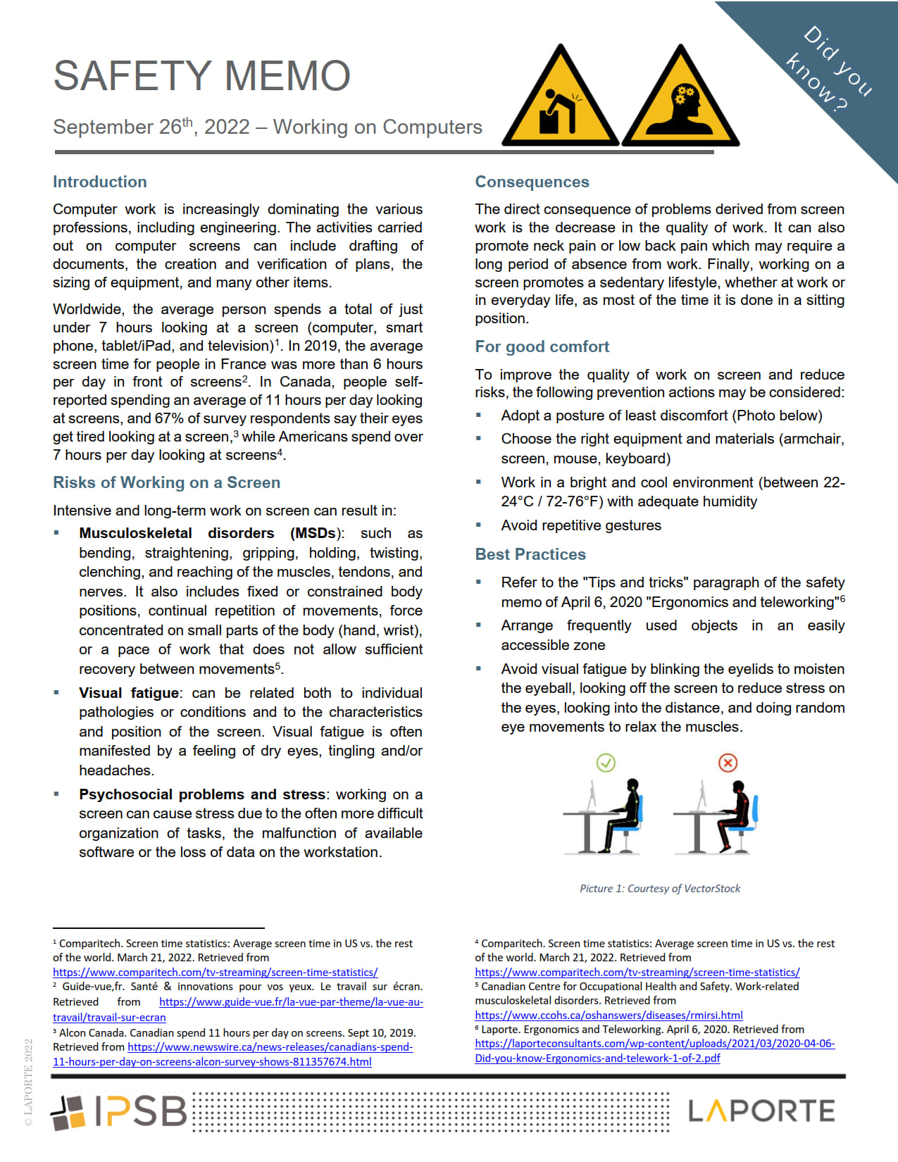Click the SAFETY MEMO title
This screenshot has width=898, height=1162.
pyautogui.click(x=202, y=76)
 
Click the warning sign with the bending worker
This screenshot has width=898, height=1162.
pyautogui.click(x=560, y=99)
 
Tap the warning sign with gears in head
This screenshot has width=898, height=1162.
pyautogui.click(x=680, y=99)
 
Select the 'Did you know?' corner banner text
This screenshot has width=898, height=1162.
pyautogui.click(x=829, y=69)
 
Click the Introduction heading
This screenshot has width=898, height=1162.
pyautogui.click(x=100, y=182)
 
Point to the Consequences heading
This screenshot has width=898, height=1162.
pyautogui.click(x=532, y=182)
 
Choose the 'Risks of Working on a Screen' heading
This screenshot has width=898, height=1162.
pyautogui.click(x=166, y=482)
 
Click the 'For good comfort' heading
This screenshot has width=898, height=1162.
pyautogui.click(x=542, y=346)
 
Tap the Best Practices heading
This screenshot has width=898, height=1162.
pyautogui.click(x=530, y=554)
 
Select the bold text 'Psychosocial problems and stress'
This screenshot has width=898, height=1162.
pyautogui.click(x=202, y=794)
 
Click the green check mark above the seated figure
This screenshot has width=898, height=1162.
pyautogui.click(x=606, y=763)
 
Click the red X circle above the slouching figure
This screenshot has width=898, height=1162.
pyautogui.click(x=728, y=763)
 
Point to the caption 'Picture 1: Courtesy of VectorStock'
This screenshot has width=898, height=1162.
pyautogui.click(x=660, y=889)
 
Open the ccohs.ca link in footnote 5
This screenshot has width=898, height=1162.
pyautogui.click(x=609, y=1016)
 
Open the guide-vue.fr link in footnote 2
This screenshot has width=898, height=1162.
pyautogui.click(x=290, y=1002)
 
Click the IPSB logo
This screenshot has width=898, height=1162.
pyautogui.click(x=118, y=1112)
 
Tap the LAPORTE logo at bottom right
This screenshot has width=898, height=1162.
pyautogui.click(x=761, y=1111)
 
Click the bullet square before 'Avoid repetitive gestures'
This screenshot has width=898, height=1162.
pyautogui.click(x=479, y=525)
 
